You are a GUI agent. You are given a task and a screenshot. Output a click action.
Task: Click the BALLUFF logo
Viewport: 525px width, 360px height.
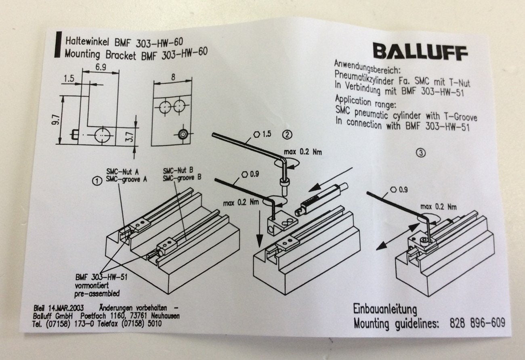click(x=420, y=52)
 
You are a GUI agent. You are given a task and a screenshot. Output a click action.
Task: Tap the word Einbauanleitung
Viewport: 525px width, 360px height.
click(x=384, y=310)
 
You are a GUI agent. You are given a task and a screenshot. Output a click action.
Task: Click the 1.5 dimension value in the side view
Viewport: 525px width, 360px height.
click(x=69, y=80)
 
